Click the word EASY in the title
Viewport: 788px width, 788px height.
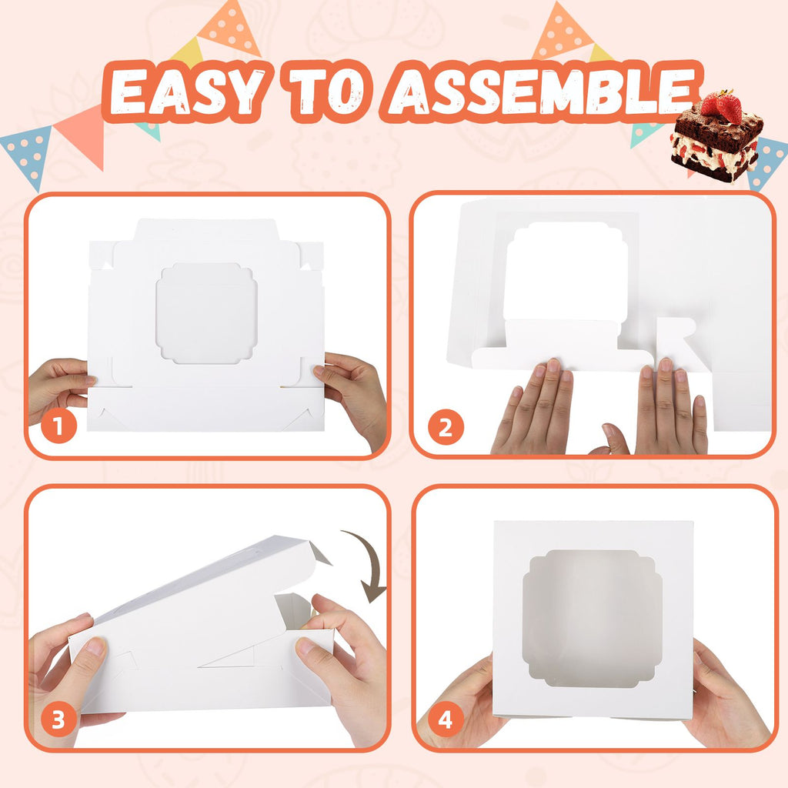[187, 92]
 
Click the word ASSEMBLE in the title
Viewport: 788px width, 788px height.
[543, 92]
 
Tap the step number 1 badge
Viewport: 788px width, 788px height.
[59, 426]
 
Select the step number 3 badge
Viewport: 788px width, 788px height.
[58, 720]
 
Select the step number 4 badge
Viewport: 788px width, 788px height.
[446, 720]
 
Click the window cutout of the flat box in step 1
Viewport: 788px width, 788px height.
[206, 313]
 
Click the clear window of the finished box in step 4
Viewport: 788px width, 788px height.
[592, 619]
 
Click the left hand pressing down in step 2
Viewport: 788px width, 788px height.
[536, 408]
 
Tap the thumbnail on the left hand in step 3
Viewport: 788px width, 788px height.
[96, 646]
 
